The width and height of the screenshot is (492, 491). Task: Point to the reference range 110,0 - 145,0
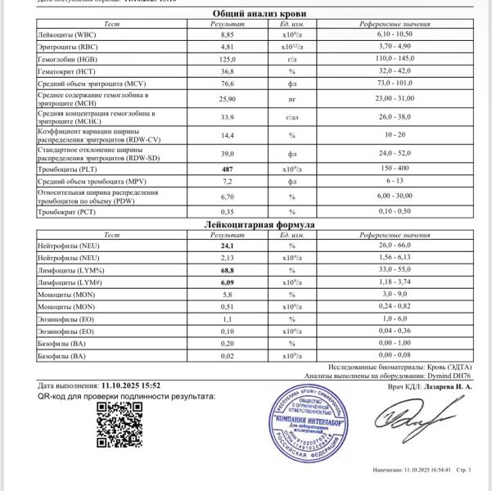point(382,60)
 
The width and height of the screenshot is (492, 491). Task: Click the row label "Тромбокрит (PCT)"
point(68,212)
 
